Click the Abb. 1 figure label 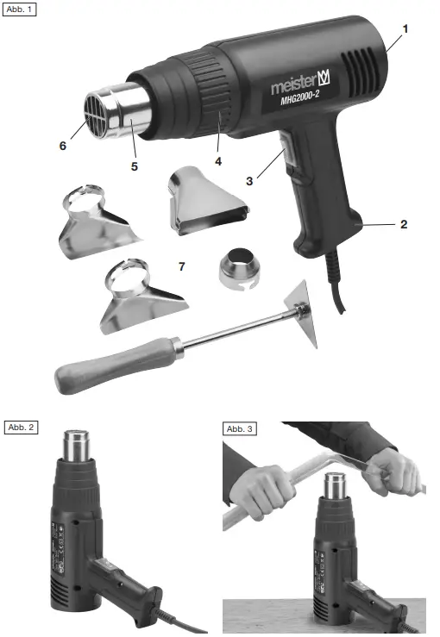click(20, 9)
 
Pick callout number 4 click(218, 161)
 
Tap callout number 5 click(134, 166)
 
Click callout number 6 click(62, 147)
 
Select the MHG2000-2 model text click(304, 100)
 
